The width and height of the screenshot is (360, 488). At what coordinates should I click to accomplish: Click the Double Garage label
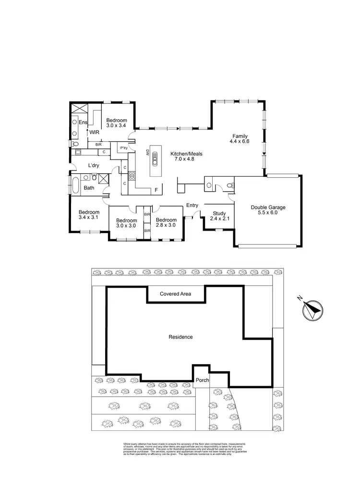point(268,207)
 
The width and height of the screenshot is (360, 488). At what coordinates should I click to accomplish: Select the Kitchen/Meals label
point(187,154)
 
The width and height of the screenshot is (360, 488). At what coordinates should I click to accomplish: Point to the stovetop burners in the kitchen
point(131,174)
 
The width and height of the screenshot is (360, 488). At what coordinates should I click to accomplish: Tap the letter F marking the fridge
point(156,190)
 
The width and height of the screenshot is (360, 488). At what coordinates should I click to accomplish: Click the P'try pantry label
point(123,147)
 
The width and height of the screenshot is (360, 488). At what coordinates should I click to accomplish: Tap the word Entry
point(192,206)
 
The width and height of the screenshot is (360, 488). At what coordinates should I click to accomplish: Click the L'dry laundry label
point(93,166)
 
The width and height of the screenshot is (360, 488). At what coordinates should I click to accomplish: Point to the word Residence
point(180,337)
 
